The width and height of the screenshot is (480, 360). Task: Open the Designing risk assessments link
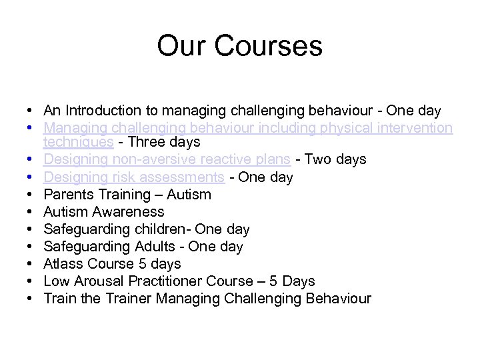133,177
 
